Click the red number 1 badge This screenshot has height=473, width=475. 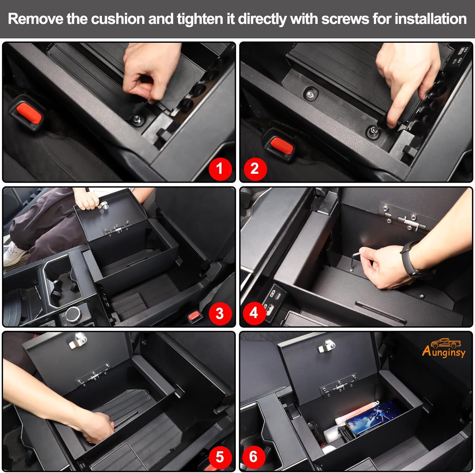click(219, 168)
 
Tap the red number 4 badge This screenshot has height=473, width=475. click(254, 313)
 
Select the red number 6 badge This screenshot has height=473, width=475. click(253, 457)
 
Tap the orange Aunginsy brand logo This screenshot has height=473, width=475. click(444, 349)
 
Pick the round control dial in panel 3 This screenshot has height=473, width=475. click(73, 312)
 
